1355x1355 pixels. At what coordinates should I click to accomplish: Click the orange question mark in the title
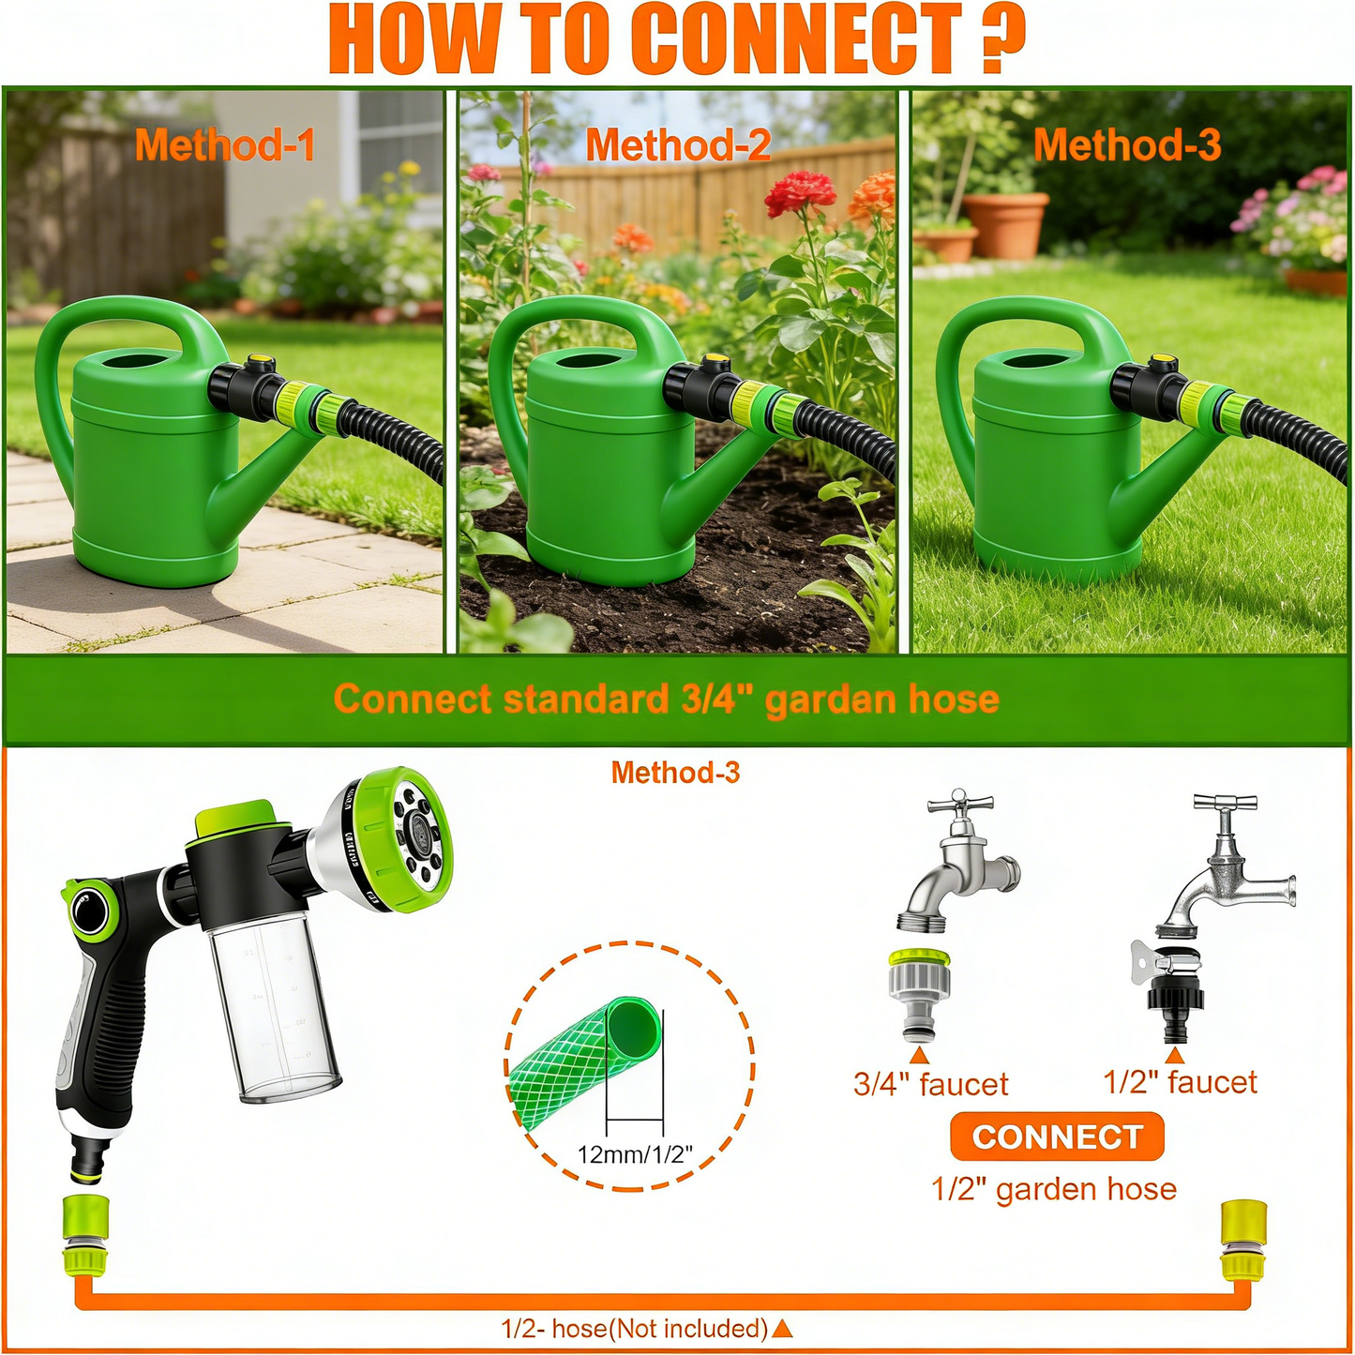(1002, 38)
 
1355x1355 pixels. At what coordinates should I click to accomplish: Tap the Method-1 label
(224, 145)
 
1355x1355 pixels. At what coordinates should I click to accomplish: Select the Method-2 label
(678, 145)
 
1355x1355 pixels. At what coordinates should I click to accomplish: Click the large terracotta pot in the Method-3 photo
(1005, 224)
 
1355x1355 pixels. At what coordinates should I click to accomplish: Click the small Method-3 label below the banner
(675, 773)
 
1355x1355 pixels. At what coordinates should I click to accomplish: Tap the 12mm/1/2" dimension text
(634, 1153)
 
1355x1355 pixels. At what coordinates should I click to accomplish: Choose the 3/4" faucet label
(930, 1084)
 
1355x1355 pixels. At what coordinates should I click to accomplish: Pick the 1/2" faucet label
(1180, 1082)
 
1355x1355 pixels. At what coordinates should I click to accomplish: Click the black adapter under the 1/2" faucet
(1173, 1003)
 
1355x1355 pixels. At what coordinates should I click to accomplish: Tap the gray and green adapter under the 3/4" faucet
(919, 994)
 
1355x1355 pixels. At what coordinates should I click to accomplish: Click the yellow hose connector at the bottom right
(1243, 1240)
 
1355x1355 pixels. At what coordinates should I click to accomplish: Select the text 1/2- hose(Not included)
(635, 1329)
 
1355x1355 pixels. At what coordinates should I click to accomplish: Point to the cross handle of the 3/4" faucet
(958, 804)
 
